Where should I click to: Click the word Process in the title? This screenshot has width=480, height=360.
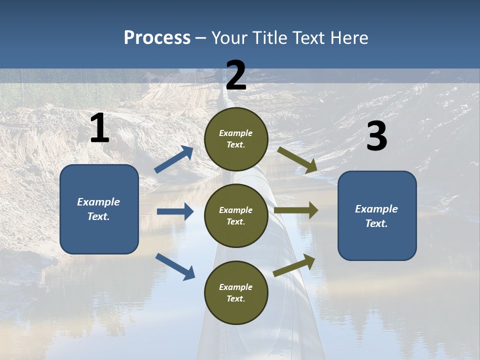pos(157,38)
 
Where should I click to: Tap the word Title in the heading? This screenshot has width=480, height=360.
pos(270,38)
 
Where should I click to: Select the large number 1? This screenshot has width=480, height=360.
pos(99,128)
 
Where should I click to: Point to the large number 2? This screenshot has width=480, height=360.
pos(236,75)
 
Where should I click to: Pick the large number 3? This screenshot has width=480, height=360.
pos(376,136)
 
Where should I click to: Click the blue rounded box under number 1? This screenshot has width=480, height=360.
pos(99,209)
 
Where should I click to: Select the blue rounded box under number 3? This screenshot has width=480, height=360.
pos(377,215)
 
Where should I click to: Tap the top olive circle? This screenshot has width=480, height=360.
pos(236,139)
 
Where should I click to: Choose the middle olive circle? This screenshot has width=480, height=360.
pos(236,215)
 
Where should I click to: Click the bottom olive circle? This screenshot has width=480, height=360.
pos(236,292)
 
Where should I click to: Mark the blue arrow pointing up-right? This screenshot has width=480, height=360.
pos(174,159)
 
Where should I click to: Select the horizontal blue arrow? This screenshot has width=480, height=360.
pos(175,211)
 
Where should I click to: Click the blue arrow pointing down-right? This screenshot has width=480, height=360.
pos(175,266)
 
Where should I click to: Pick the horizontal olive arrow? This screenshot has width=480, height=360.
pos(296,210)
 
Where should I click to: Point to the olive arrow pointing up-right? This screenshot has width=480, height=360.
pos(294,265)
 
